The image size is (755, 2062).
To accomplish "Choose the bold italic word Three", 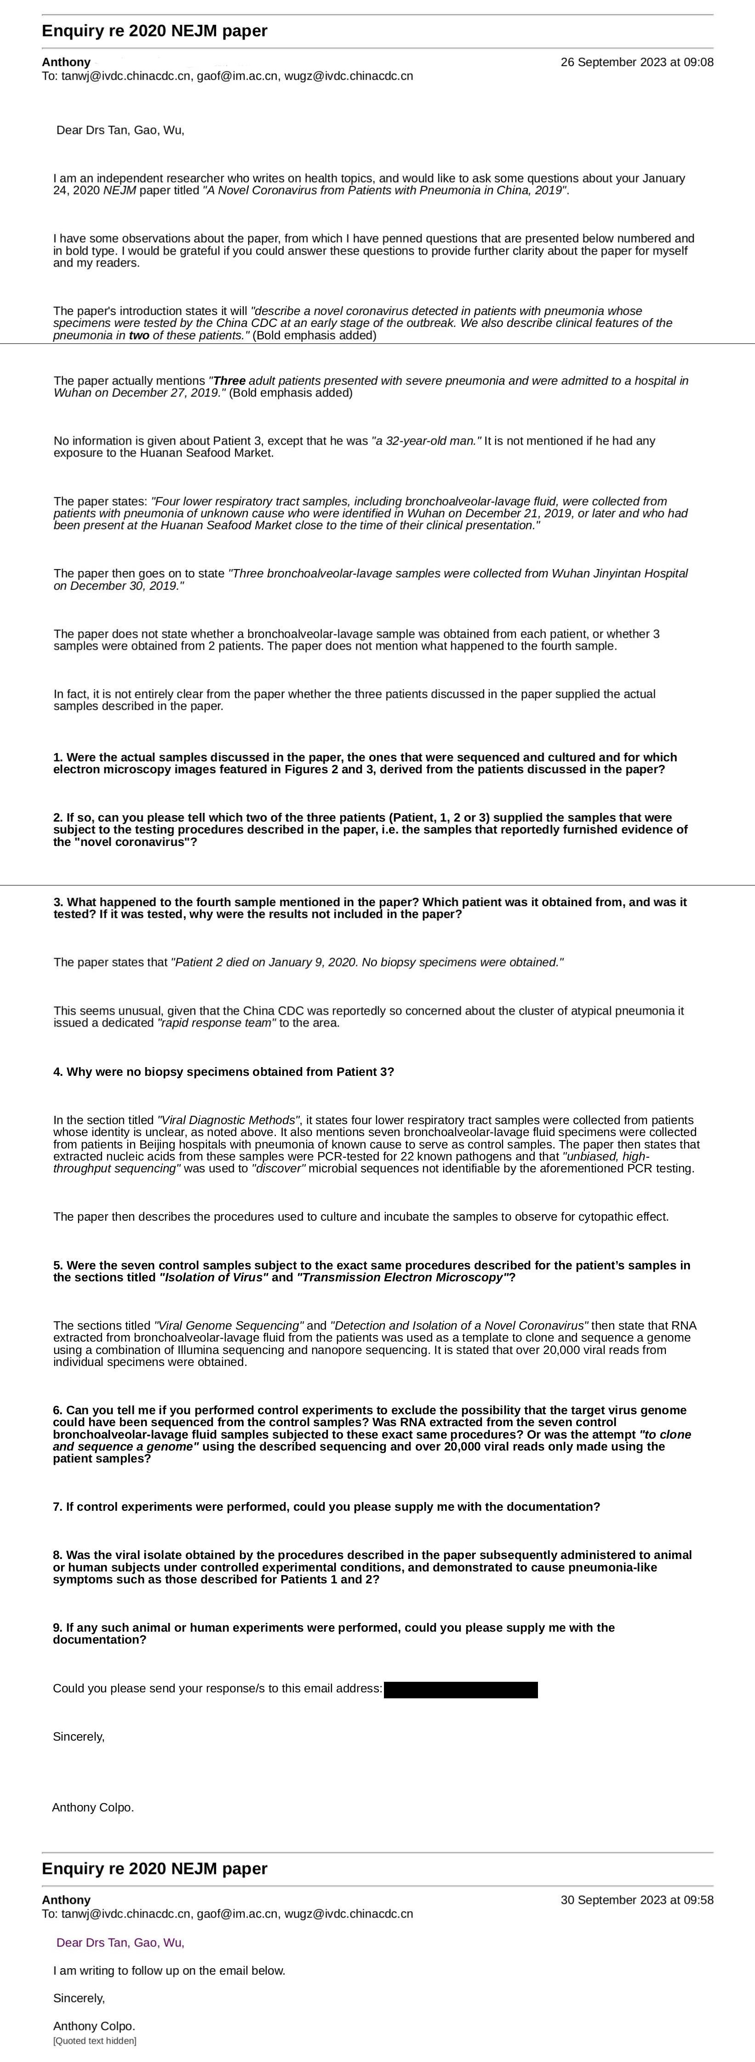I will (x=229, y=381).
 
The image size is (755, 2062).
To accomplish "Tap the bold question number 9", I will (x=57, y=1628).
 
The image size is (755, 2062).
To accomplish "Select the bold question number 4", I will (x=57, y=1072).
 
